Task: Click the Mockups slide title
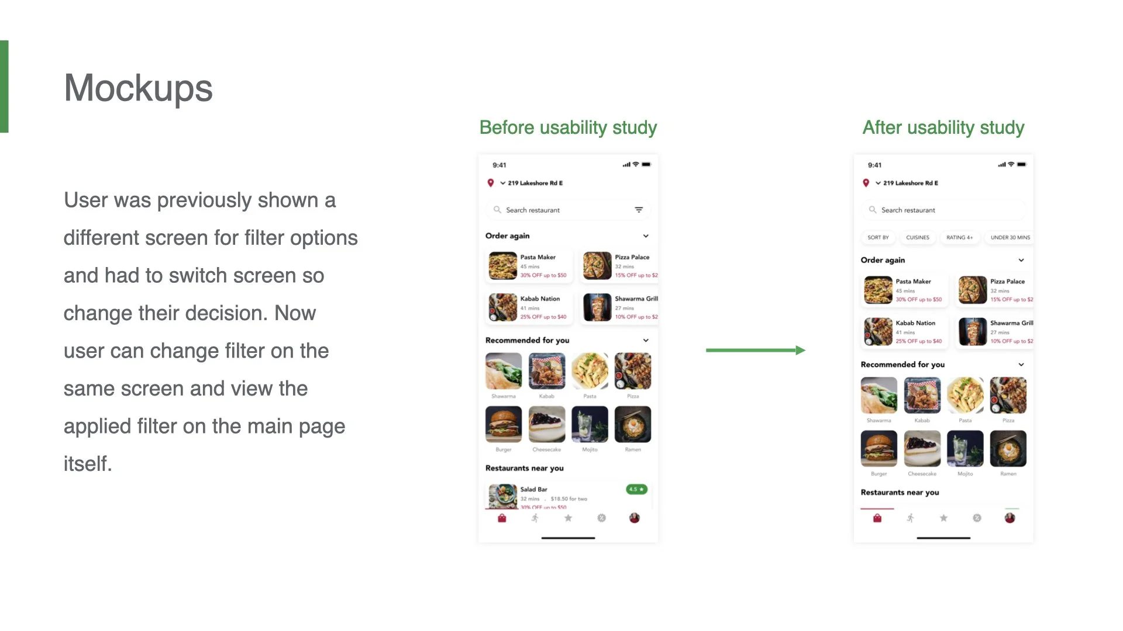(138, 88)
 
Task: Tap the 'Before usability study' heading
(568, 127)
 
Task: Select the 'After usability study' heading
(943, 127)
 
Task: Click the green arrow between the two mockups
(755, 350)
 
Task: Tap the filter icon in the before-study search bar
(639, 210)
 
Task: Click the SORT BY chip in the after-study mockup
(878, 238)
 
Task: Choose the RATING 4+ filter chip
(959, 238)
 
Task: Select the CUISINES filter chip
(917, 238)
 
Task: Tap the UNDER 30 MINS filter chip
(1010, 238)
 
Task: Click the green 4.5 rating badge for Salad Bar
(636, 489)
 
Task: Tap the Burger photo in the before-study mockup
(503, 425)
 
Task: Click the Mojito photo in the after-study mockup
(965, 449)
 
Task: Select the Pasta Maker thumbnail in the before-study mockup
(502, 266)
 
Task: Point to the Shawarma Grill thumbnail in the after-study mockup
(972, 332)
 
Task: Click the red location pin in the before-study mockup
(491, 183)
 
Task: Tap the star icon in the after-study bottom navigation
(943, 518)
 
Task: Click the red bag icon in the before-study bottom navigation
(502, 518)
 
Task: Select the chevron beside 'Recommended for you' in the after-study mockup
(1021, 365)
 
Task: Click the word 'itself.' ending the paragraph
(88, 464)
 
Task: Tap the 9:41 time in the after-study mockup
(874, 165)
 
